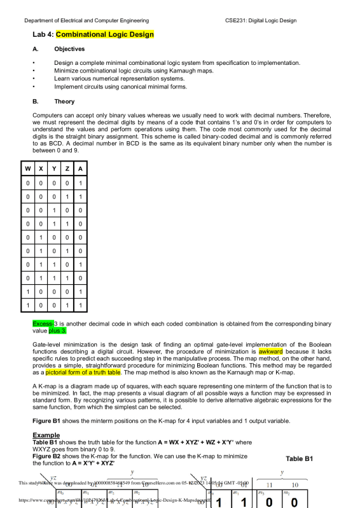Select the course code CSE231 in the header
237,20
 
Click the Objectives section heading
70,48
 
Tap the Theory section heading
65,101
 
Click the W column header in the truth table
28,168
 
